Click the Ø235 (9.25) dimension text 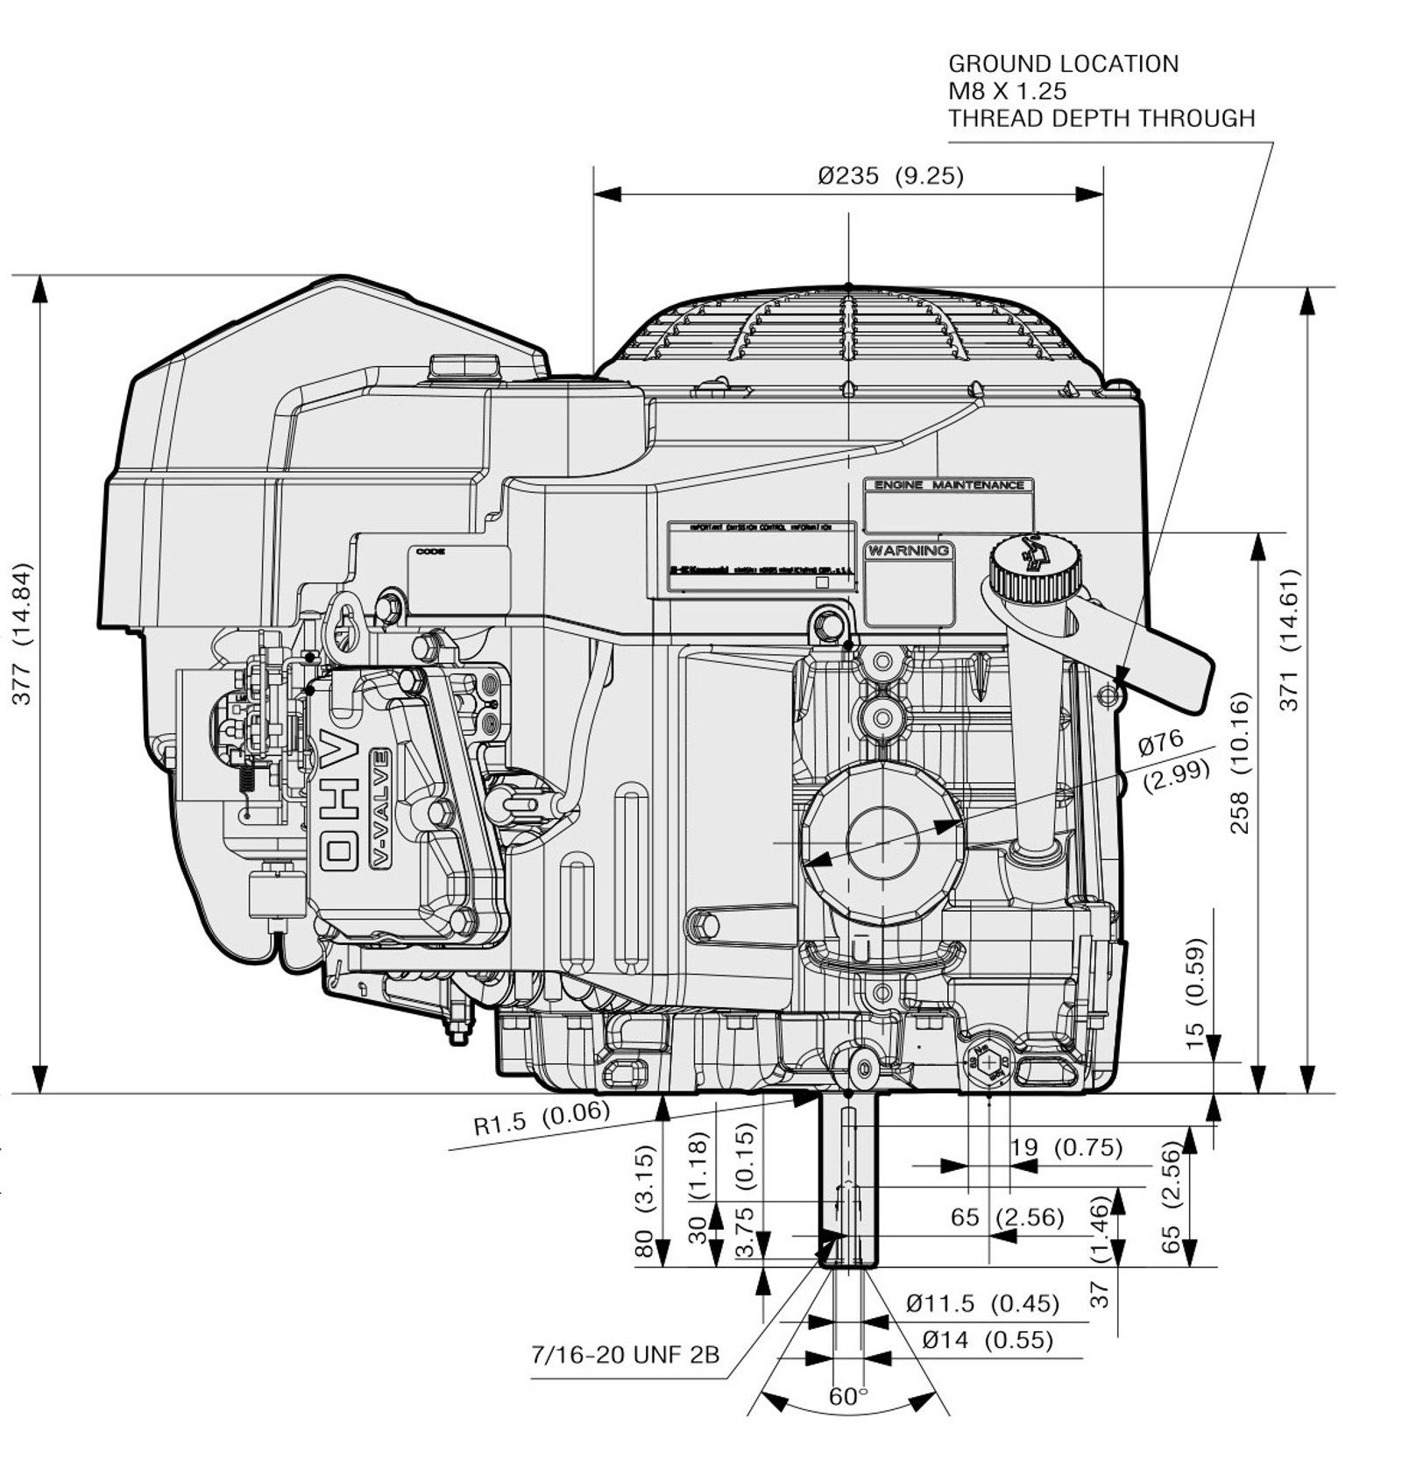890,176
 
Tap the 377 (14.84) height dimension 22,632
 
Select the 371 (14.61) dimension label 1289,639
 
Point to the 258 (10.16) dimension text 1239,762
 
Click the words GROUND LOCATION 1063,64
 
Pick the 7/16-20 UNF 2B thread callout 625,1355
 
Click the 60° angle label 847,1397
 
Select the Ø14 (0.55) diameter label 987,1340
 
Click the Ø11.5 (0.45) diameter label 982,1303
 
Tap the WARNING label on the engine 909,551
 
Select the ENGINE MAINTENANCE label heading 949,485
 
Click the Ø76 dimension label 1161,743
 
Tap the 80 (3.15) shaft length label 644,1200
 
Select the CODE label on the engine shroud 430,553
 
